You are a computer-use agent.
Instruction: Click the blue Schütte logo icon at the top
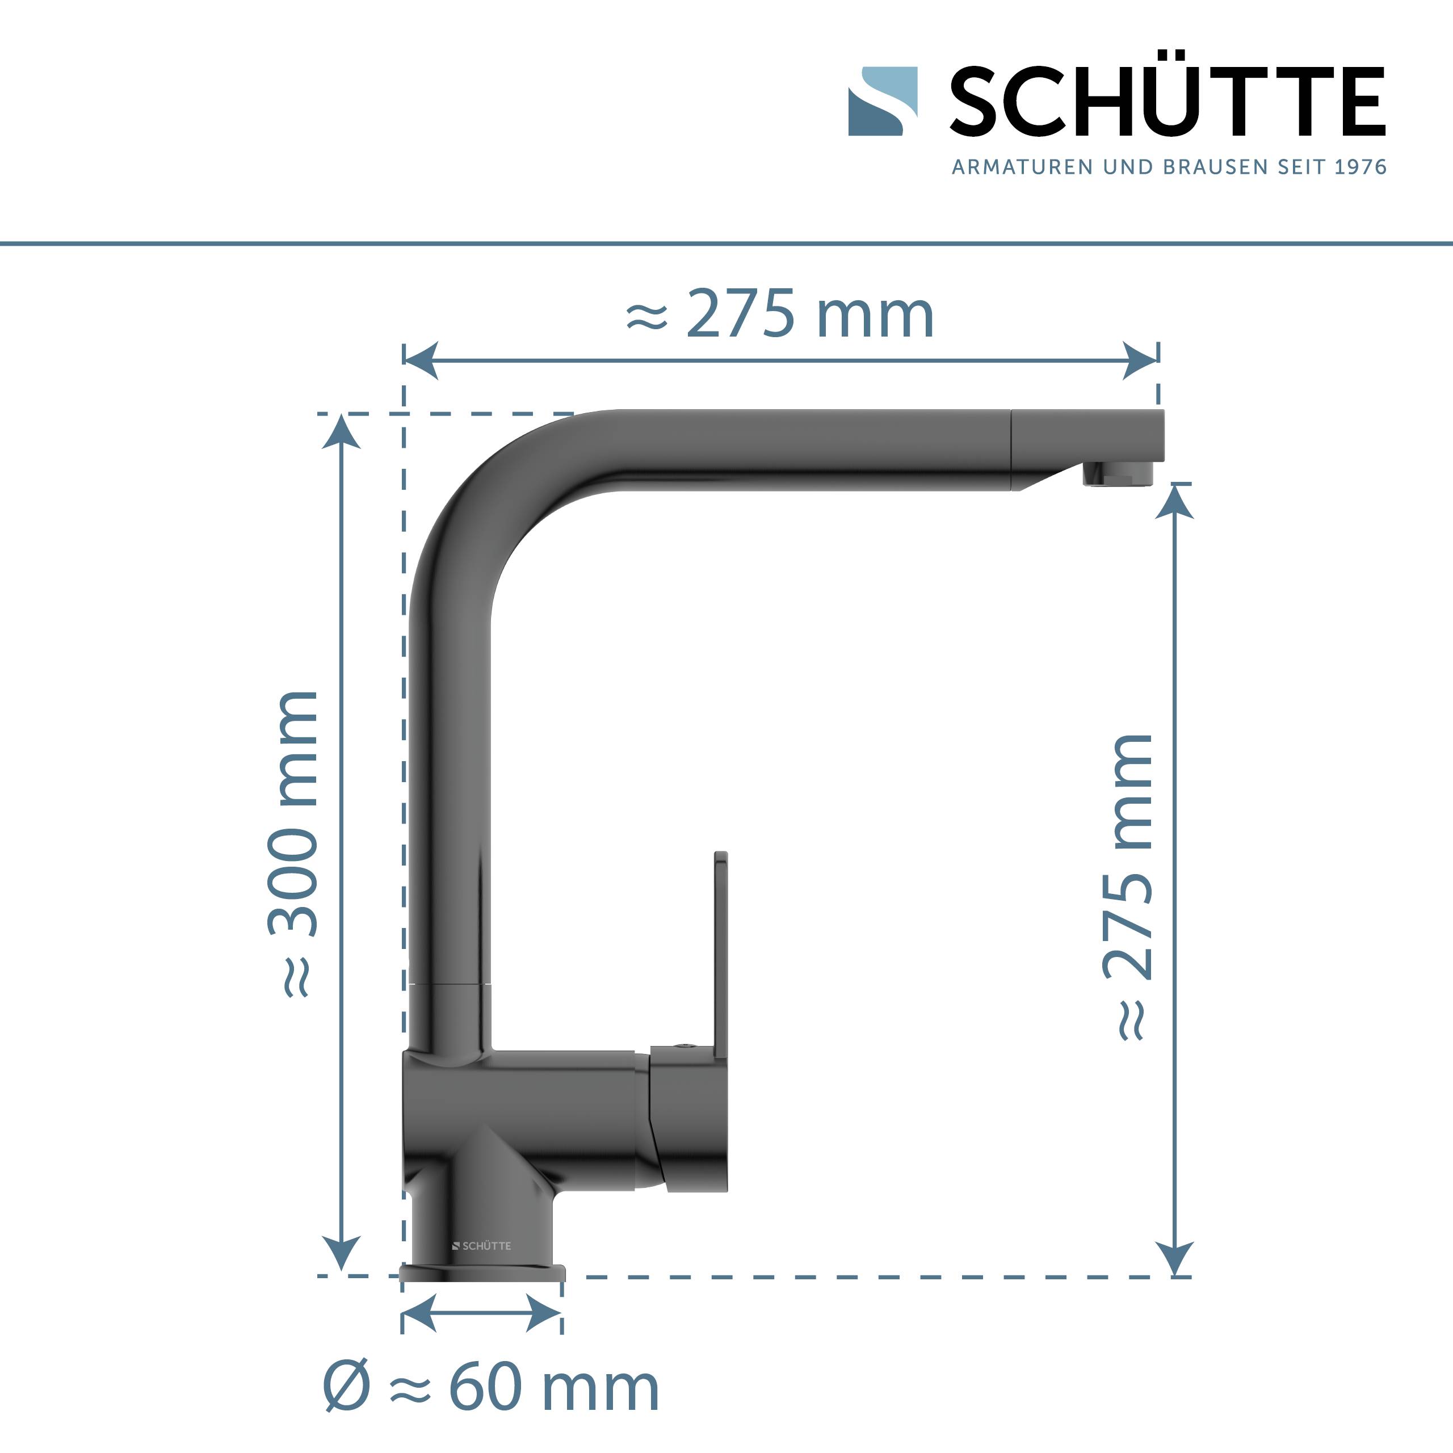(882, 102)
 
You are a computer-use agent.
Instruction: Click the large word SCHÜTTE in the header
(1167, 102)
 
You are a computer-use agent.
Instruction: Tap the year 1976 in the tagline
(1360, 167)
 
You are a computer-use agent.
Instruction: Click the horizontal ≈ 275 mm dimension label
(780, 314)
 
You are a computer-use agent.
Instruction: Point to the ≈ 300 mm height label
(294, 842)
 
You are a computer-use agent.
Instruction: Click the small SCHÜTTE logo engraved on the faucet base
(481, 1245)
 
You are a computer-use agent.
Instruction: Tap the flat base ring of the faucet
(482, 1273)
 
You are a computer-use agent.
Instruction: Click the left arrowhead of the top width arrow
(421, 361)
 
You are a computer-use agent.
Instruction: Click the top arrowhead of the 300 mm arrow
(342, 432)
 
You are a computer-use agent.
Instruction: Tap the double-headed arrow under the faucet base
(481, 1313)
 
